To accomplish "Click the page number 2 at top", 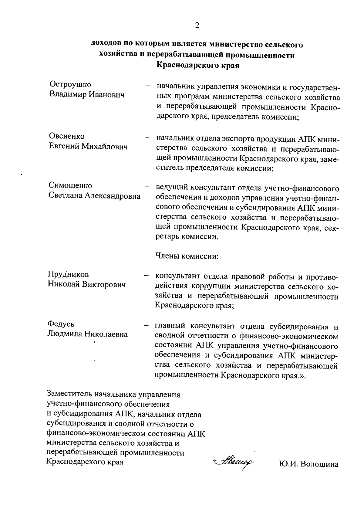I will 197,26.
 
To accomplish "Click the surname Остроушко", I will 70,84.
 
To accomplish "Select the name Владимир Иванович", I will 87,95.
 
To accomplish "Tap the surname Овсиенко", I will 67,136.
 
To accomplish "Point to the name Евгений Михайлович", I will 88,147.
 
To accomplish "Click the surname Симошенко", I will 70,185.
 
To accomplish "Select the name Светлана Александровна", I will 95,196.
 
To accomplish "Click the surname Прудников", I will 69,274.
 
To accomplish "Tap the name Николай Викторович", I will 87,285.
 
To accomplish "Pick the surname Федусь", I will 61,324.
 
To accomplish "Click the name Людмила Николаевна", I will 88,334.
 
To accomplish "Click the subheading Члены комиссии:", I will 187,256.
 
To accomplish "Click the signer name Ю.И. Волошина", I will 308,464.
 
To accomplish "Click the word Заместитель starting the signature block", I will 69,395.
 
